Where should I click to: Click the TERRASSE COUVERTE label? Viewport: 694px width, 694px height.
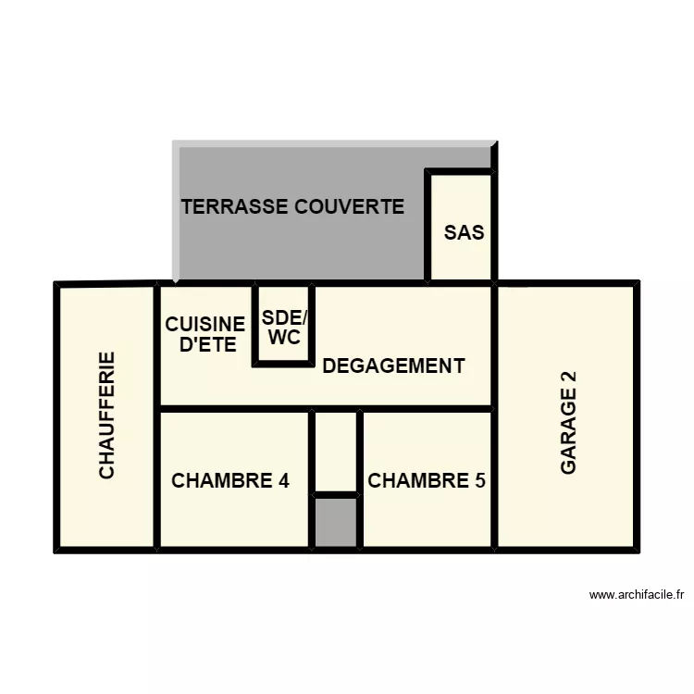[x=292, y=206]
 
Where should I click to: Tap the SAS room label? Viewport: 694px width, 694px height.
[x=464, y=232]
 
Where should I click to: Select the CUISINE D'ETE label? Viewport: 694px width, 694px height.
[x=205, y=335]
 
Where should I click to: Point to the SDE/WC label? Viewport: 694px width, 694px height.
[x=284, y=328]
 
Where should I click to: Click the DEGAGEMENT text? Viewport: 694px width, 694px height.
[x=393, y=366]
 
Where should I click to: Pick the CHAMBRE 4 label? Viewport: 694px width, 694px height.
[x=230, y=481]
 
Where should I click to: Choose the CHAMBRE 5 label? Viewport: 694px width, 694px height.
[x=427, y=481]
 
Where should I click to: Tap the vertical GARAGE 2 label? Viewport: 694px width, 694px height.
[x=568, y=423]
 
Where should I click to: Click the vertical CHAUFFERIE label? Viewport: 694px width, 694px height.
[x=107, y=415]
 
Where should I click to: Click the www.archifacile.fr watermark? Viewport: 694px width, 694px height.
[x=636, y=595]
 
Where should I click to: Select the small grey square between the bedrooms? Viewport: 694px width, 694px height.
[x=335, y=523]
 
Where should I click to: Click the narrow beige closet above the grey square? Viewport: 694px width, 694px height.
[x=335, y=452]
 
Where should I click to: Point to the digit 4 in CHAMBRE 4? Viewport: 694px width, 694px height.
[x=283, y=481]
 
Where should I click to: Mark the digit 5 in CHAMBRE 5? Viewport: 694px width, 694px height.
[x=479, y=481]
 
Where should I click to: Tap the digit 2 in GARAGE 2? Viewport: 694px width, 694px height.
[x=568, y=378]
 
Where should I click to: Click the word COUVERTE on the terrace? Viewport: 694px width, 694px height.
[x=349, y=206]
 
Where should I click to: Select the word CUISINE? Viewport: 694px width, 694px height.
[x=205, y=325]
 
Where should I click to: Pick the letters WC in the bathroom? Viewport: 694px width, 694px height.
[x=284, y=338]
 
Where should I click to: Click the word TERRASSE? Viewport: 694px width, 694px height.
[x=235, y=206]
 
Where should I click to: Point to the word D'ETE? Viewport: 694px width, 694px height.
[x=207, y=346]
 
